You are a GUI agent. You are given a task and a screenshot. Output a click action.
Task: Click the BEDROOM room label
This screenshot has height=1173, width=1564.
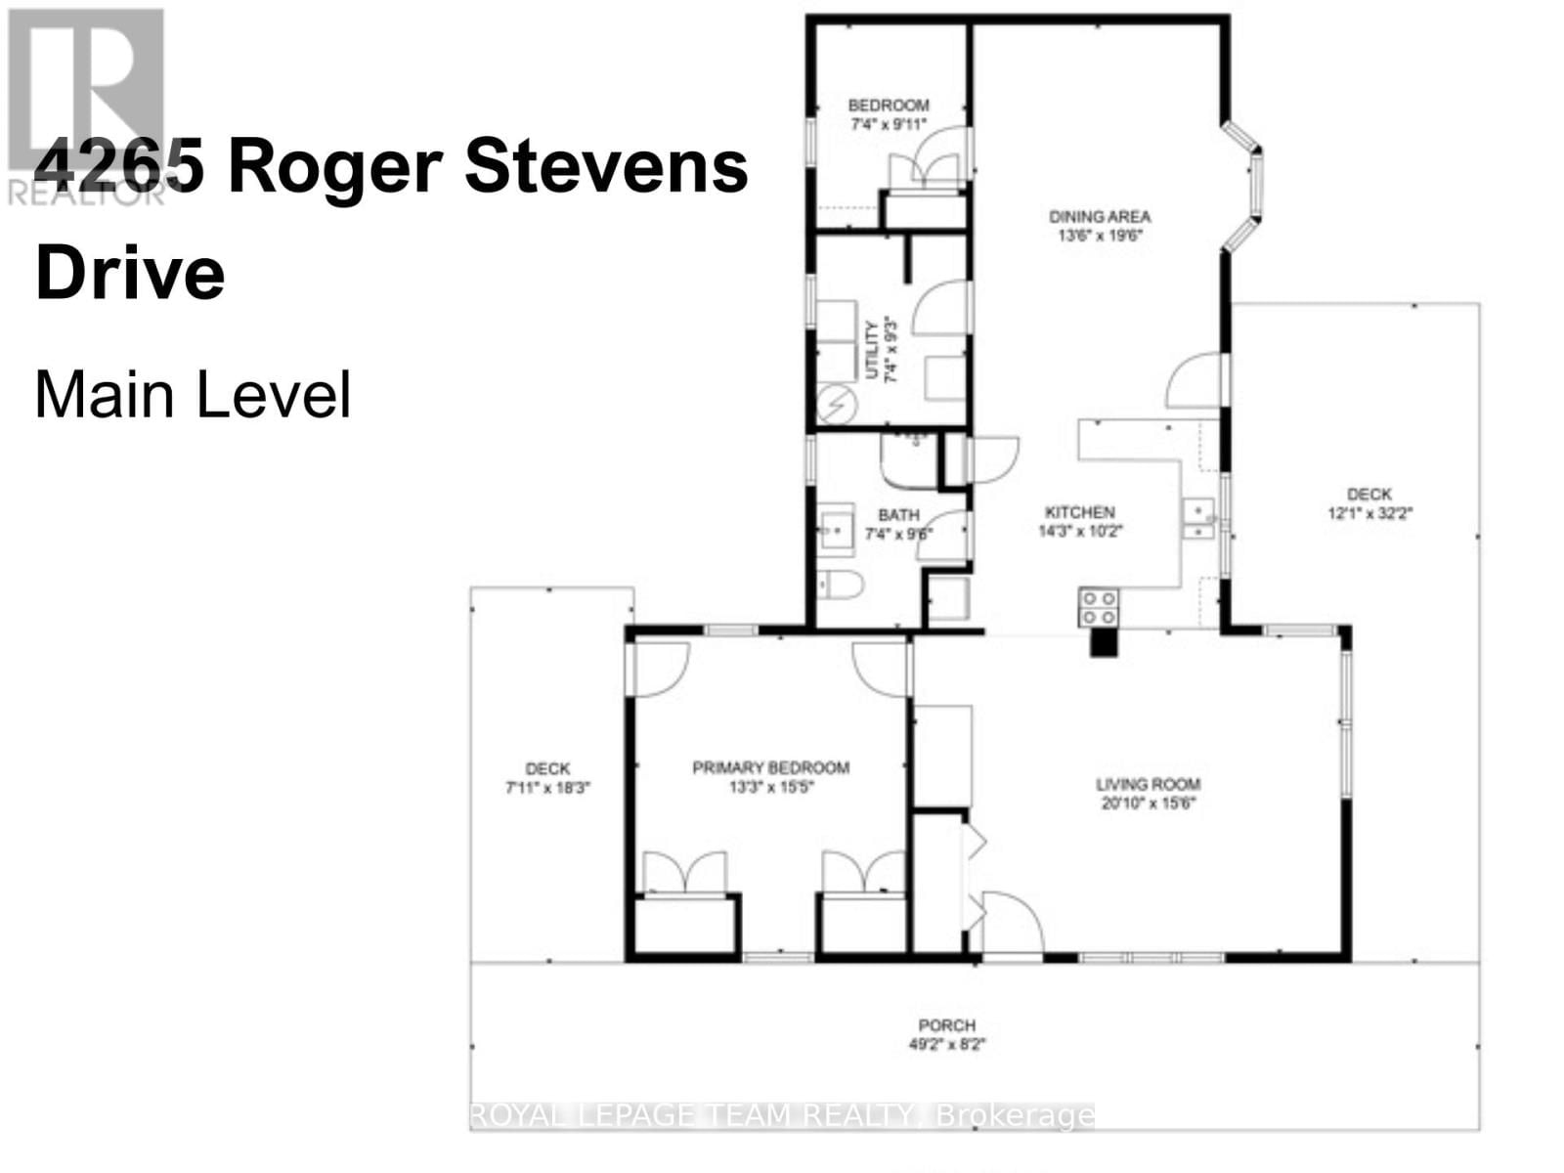(x=888, y=106)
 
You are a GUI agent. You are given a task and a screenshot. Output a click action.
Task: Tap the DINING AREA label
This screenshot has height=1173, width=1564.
(x=1100, y=217)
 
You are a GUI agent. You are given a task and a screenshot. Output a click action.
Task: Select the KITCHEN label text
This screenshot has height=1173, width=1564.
(x=1079, y=512)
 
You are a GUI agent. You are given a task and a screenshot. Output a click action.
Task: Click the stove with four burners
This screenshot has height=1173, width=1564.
(x=1098, y=607)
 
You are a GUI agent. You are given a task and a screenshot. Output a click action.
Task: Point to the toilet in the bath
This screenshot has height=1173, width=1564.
(x=840, y=586)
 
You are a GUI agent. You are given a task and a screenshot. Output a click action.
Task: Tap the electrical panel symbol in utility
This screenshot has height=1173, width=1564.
(x=837, y=402)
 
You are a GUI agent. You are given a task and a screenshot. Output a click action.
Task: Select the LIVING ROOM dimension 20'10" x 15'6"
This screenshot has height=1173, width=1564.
(x=1148, y=804)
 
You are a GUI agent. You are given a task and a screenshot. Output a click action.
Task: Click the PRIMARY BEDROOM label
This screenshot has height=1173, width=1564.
(x=770, y=768)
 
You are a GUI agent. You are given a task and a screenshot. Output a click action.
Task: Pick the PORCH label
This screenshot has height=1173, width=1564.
(x=946, y=1025)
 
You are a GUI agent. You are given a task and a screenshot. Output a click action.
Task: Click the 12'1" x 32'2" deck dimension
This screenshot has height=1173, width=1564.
(x=1368, y=512)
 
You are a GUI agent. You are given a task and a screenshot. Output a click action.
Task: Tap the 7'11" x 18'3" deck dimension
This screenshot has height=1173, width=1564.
(x=547, y=788)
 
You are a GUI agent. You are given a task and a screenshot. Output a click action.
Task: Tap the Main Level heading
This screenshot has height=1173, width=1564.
(x=193, y=395)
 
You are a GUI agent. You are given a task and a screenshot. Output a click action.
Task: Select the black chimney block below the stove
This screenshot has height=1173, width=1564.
(x=1103, y=642)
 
